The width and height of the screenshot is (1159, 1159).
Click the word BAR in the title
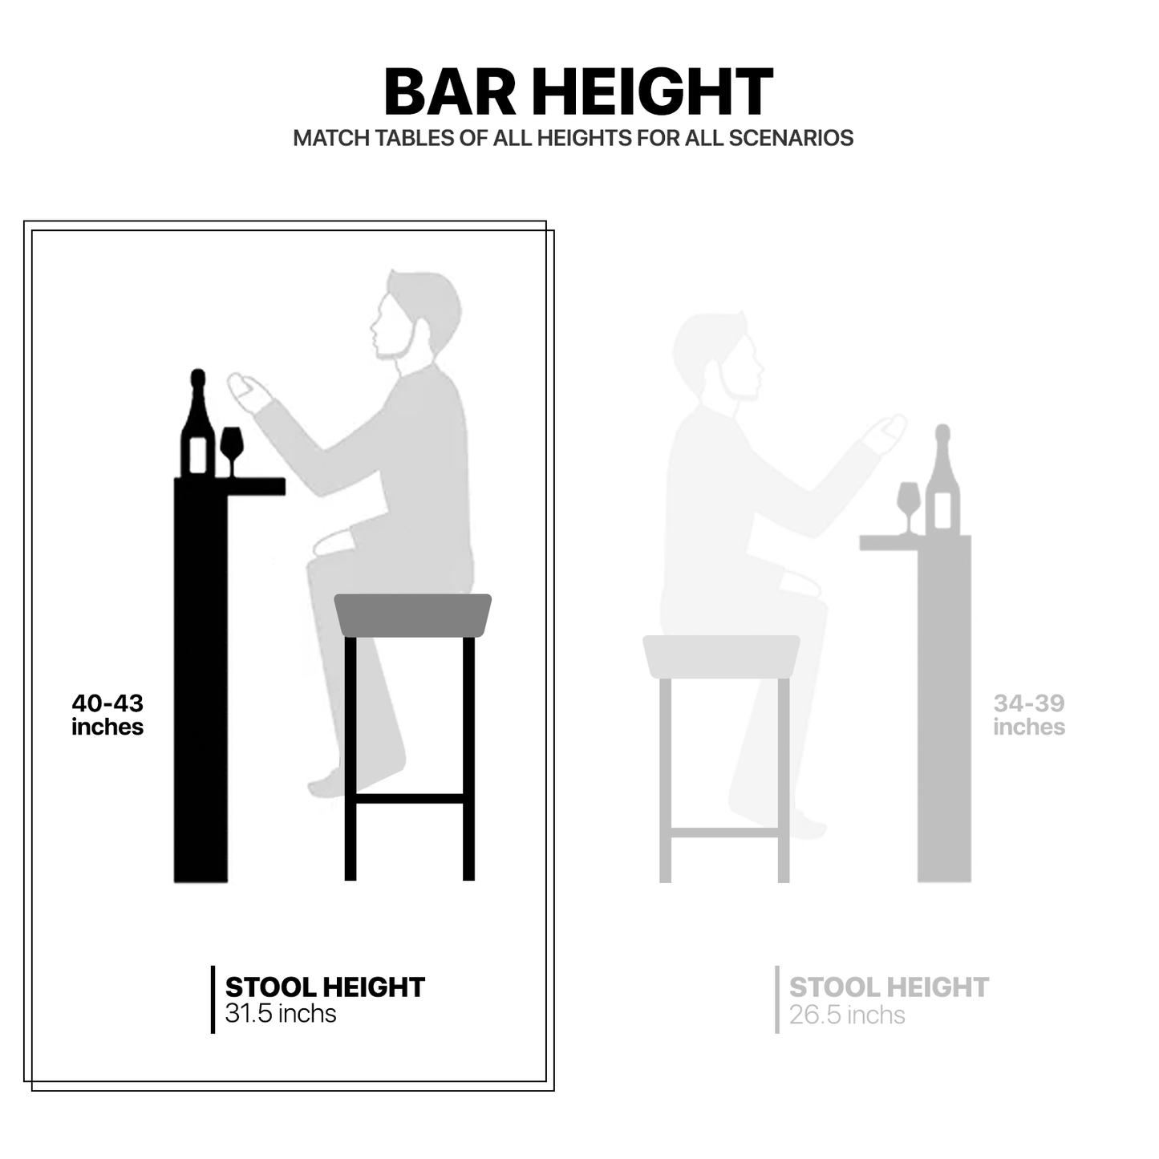click(450, 91)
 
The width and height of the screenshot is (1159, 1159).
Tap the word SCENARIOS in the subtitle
click(791, 138)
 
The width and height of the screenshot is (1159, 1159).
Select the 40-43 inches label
click(107, 715)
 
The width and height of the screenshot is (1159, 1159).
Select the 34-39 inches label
click(1029, 715)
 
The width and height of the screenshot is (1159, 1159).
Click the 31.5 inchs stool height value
click(280, 1014)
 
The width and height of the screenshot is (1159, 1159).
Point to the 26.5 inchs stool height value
click(847, 1015)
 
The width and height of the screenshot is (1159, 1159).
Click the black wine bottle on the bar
click(198, 423)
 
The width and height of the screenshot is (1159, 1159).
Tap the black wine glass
click(232, 451)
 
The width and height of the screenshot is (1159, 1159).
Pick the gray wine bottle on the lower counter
click(942, 480)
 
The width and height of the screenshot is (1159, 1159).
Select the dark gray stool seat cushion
click(412, 615)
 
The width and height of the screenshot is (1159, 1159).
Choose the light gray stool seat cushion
click(721, 656)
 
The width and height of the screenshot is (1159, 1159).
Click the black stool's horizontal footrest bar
click(410, 799)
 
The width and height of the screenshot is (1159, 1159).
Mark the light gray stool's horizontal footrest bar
click(725, 833)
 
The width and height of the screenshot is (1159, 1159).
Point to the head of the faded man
click(718, 357)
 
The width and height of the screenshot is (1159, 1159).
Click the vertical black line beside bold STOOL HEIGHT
click(213, 999)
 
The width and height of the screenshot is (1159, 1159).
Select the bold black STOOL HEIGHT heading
click(325, 987)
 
